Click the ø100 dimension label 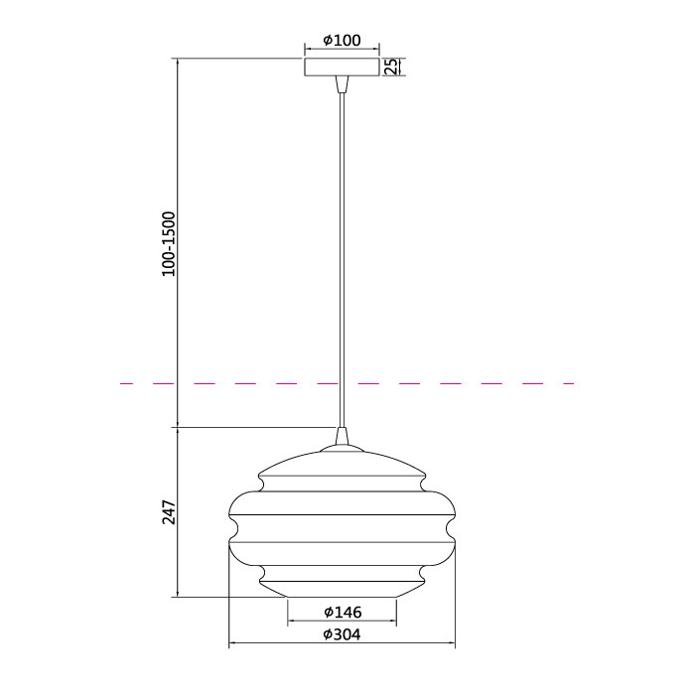[x=342, y=41]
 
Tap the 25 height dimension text [x=391, y=67]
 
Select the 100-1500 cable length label [x=169, y=244]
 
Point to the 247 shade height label [x=169, y=512]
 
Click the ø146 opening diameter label [x=343, y=613]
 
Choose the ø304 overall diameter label [x=342, y=634]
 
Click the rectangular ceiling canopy [x=342, y=67]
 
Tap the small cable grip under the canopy [x=342, y=84]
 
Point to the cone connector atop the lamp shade [x=342, y=436]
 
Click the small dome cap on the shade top [x=342, y=448]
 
